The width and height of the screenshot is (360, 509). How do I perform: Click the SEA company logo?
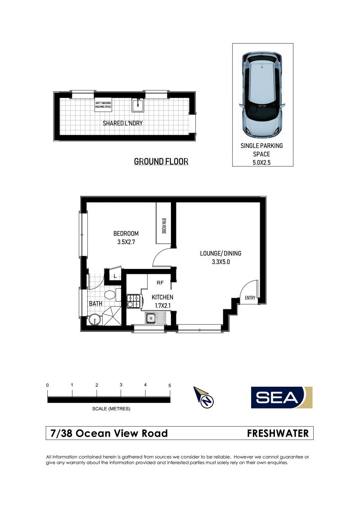(282, 397)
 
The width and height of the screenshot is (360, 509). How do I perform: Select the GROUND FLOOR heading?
(161, 161)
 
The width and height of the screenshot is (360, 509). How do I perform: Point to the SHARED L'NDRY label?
(123, 123)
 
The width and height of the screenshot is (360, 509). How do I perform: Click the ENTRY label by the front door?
(250, 298)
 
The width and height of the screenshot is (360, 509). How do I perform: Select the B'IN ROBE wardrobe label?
(163, 224)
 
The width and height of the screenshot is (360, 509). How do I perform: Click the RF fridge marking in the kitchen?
(160, 283)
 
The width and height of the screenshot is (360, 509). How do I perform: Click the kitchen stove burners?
(133, 301)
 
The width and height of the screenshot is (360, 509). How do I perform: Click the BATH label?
(95, 304)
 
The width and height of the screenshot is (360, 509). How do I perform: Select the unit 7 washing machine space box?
(103, 105)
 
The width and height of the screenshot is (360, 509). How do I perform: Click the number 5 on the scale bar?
(170, 385)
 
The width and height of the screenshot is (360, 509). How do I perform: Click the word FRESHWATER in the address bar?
(278, 433)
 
